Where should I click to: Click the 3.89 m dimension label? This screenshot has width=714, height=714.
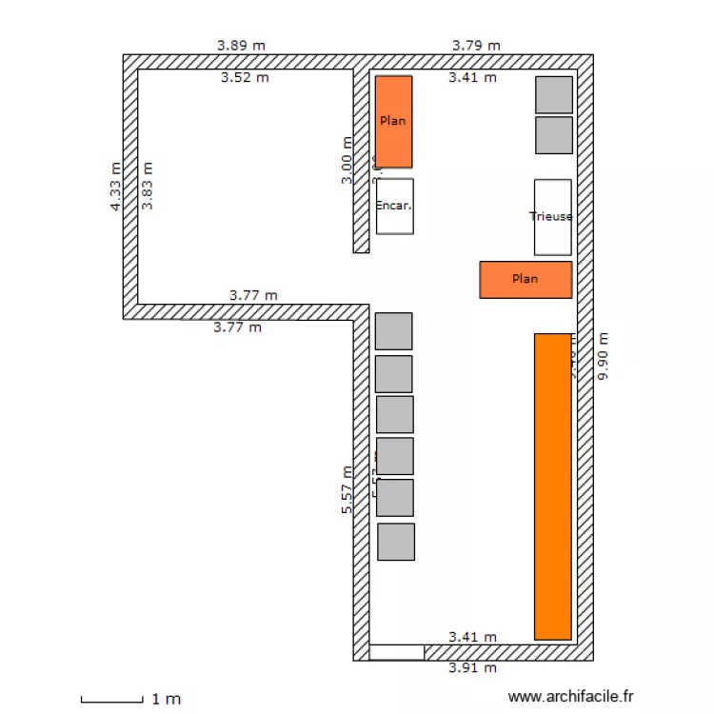tap(241, 45)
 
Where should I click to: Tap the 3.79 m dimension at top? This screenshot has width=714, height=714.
tap(476, 45)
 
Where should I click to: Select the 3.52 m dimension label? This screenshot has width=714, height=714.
tap(245, 78)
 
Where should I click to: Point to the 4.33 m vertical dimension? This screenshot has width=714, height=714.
tap(115, 186)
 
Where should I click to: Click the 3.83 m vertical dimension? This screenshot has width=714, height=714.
tap(147, 186)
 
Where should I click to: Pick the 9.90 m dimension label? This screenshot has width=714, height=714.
tap(602, 356)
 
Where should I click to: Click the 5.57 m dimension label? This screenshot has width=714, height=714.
tap(347, 490)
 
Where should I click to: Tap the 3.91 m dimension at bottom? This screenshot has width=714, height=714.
tap(472, 668)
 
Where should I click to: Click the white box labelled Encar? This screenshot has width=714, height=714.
tap(394, 206)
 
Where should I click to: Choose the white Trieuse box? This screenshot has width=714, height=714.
tap(552, 217)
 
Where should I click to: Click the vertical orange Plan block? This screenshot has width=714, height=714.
tap(393, 122)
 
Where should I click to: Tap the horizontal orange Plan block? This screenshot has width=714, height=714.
tap(526, 279)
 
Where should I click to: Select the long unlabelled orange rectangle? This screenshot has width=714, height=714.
tap(552, 486)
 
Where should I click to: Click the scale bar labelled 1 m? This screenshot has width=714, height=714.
tap(112, 700)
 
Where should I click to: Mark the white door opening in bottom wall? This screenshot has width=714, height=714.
tap(396, 652)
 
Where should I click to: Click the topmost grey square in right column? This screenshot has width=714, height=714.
tap(554, 95)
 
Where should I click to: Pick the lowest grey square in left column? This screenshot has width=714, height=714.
tap(396, 541)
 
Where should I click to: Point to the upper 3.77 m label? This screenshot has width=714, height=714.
tap(253, 295)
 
